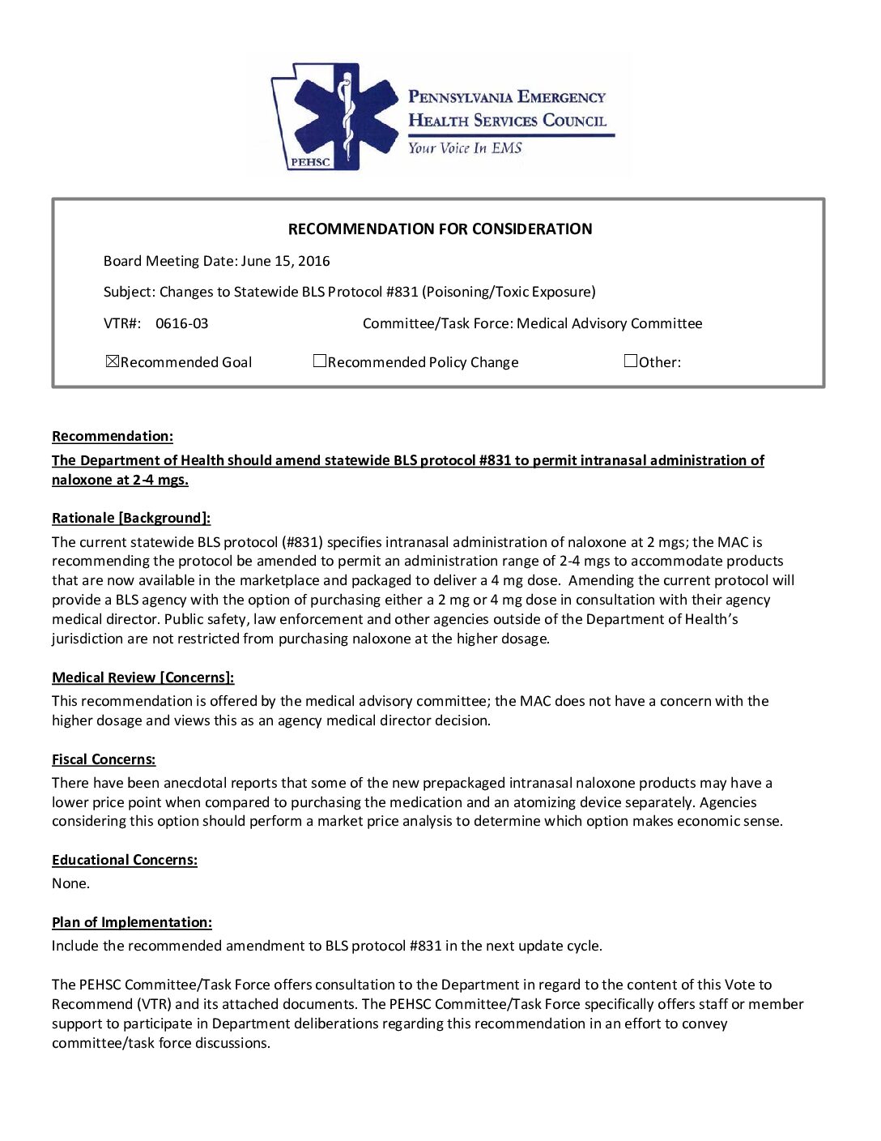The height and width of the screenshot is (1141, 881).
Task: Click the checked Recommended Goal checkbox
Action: (x=113, y=361)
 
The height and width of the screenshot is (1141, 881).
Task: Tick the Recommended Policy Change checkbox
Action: (x=320, y=361)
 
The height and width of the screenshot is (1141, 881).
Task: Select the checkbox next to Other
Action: (x=631, y=361)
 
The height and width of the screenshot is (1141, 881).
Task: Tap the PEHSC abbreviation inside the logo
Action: (x=310, y=162)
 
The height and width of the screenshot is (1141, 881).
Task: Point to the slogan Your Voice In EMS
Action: (x=465, y=148)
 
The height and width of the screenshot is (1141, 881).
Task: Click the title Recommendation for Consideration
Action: (x=440, y=229)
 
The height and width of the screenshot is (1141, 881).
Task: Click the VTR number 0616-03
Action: (x=181, y=323)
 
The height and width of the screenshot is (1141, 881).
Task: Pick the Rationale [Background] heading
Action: (x=131, y=518)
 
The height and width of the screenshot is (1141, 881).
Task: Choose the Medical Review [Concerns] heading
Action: (x=143, y=677)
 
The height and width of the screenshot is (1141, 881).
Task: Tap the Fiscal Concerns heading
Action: (x=104, y=759)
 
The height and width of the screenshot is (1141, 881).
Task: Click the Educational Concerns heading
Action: (x=125, y=860)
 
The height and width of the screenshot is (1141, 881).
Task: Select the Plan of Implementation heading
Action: (x=132, y=922)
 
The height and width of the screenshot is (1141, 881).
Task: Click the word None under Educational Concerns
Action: (x=70, y=883)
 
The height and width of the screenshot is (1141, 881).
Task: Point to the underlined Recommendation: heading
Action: (x=113, y=436)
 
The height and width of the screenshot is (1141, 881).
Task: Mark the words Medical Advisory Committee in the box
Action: (x=609, y=323)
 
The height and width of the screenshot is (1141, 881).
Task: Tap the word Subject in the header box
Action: (x=128, y=292)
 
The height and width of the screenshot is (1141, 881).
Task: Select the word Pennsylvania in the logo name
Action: (x=460, y=97)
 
